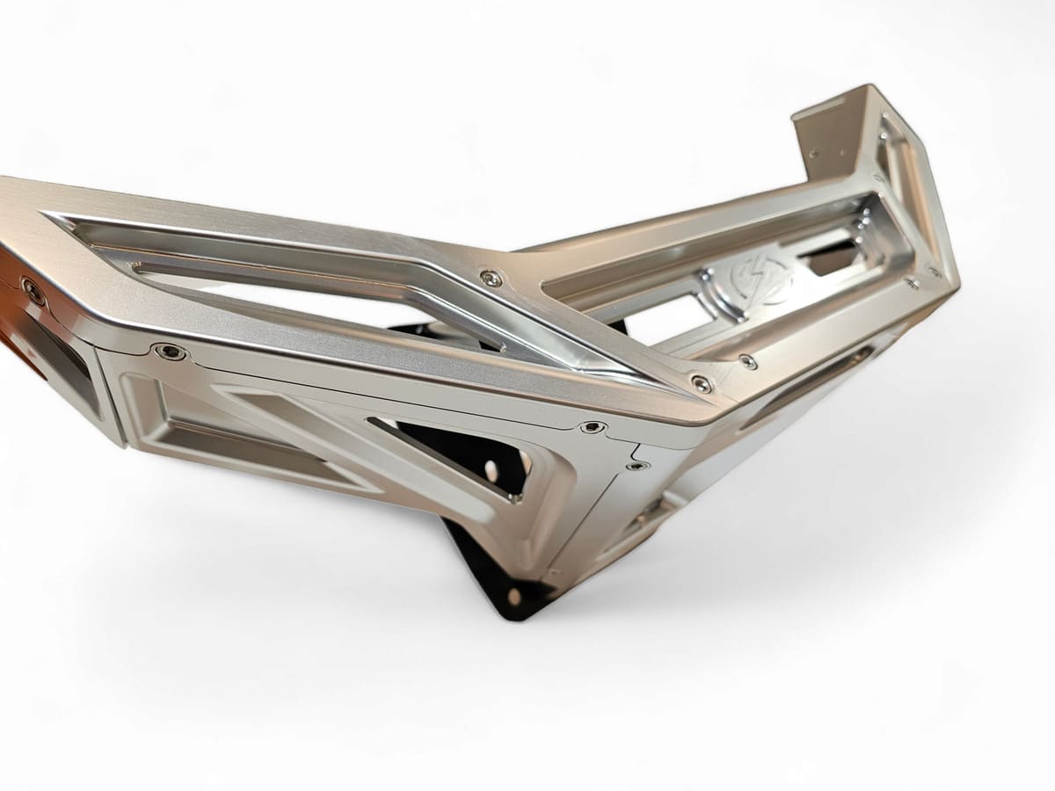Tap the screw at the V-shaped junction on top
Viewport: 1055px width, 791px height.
coord(490,279)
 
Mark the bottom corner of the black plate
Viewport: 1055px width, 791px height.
coord(510,611)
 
